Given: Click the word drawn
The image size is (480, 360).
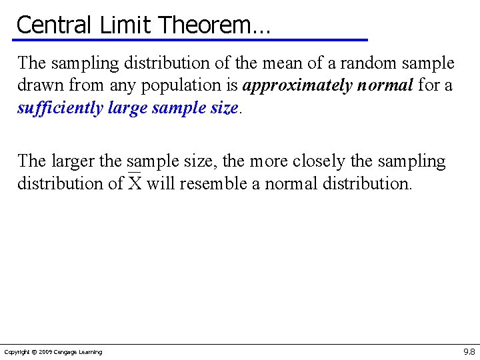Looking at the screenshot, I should [x=37, y=85].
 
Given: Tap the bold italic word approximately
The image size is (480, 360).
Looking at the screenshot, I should [x=297, y=86].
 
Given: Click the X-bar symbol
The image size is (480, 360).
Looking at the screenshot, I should [x=135, y=182].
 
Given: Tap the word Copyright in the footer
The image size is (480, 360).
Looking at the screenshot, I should [x=17, y=352].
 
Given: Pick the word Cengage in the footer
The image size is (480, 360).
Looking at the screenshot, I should [x=66, y=352].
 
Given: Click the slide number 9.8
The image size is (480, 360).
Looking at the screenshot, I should [x=469, y=351].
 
